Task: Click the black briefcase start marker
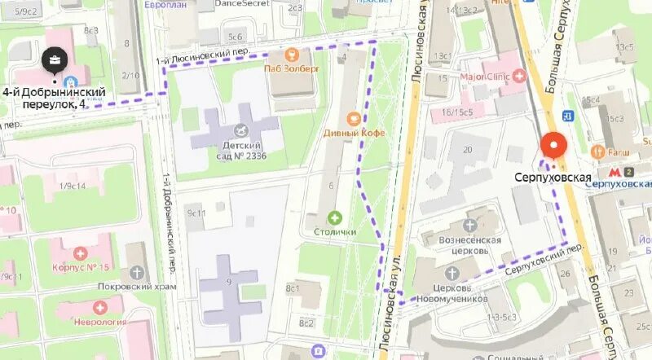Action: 55,59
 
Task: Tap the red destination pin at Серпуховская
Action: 554,145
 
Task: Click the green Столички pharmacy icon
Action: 335,217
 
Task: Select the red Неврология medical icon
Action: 99,307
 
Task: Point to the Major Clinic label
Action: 490,77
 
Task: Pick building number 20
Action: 467,149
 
